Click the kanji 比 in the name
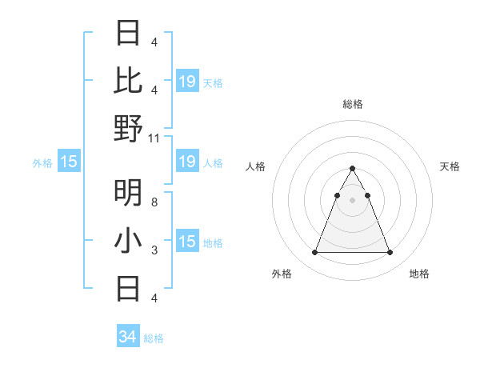pos(128,80)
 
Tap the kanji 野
pos(128,128)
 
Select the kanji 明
pos(128,192)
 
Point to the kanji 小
pos(128,240)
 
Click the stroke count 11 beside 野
pos(154,138)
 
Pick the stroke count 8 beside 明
pos(154,202)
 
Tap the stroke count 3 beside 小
pos(154,250)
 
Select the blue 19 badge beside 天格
pos(187,81)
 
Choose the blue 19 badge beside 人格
pos(187,162)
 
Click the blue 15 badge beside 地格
pos(187,242)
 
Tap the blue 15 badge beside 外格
pos(69,162)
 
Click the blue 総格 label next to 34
pos(154,338)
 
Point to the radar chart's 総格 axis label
pos(352,104)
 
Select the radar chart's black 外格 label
pos(282,274)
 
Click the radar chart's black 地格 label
pos(419,274)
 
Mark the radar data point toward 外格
pos(314,253)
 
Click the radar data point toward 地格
pos(390,253)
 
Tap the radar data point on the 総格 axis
pos(352,169)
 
